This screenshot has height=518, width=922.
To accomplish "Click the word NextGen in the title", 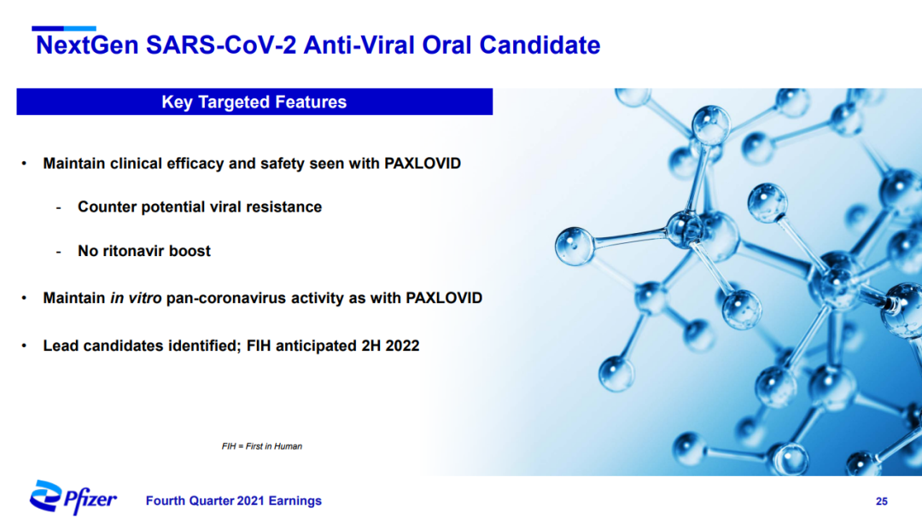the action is click(87, 45).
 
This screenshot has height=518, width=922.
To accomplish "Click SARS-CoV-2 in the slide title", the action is click(221, 45).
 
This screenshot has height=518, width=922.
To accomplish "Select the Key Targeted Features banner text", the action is click(254, 102).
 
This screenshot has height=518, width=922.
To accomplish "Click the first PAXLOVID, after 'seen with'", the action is click(423, 164).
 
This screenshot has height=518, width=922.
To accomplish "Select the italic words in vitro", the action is click(136, 298).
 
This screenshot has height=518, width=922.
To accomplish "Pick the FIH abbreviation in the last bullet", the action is click(259, 346).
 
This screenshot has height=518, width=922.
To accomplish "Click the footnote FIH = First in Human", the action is click(262, 446).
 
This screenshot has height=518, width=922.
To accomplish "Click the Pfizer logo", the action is click(73, 498).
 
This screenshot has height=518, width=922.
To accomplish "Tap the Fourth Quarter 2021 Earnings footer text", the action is click(233, 501).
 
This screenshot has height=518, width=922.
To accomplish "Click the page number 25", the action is click(881, 502).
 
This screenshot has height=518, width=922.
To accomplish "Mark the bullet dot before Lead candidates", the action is click(24, 346).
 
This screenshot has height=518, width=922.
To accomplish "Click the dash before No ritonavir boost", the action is click(58, 252).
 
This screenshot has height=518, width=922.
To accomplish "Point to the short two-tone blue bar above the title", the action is click(63, 28).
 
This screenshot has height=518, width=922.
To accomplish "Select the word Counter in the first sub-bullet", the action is click(107, 207).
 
